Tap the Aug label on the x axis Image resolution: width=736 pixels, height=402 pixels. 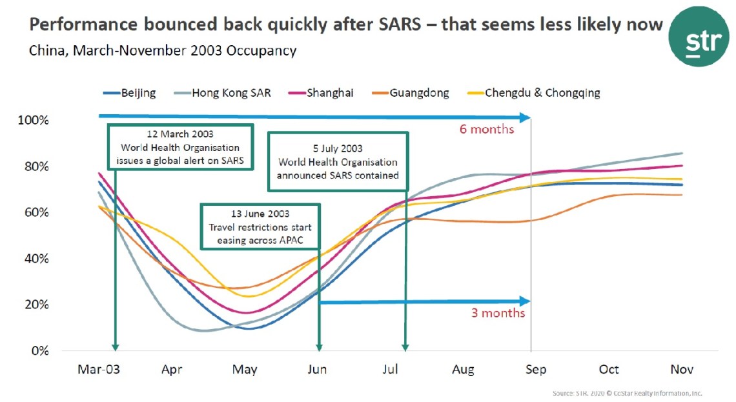(463, 370)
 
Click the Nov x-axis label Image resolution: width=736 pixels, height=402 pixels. (682, 370)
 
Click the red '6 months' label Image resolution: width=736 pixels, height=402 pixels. (486, 129)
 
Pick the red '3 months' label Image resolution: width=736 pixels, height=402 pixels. (497, 313)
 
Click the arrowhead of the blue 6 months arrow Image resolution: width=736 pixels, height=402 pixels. (526, 117)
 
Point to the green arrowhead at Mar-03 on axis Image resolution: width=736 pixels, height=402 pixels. (115, 347)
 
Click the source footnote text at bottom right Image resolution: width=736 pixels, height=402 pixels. (627, 393)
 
